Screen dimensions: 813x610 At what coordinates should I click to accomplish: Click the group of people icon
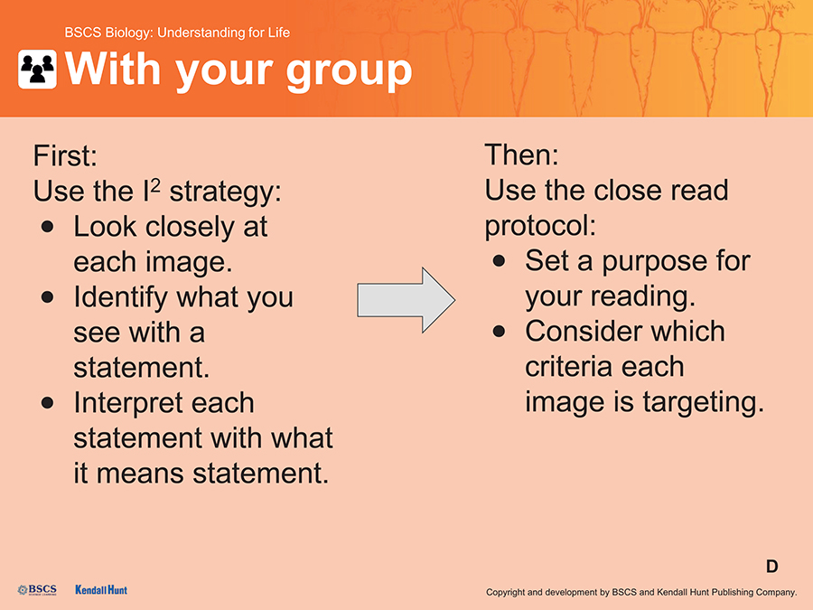tap(37, 69)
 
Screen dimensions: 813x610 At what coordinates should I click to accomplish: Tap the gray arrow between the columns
tap(406, 300)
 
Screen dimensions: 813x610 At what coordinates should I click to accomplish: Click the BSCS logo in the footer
tap(37, 590)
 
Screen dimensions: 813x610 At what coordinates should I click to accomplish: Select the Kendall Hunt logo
tap(101, 590)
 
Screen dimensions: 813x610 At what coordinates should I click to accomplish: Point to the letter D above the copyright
tap(772, 567)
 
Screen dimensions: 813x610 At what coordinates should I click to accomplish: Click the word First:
tap(65, 155)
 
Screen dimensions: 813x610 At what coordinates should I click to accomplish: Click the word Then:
tap(521, 155)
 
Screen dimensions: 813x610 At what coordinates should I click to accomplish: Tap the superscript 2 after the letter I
tap(155, 185)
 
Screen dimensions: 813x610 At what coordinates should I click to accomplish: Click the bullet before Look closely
tap(48, 227)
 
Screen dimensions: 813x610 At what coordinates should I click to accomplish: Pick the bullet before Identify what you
tap(48, 297)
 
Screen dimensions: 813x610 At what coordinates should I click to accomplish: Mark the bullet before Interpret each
tap(48, 403)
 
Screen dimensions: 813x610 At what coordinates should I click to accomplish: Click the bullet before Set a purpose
tap(500, 261)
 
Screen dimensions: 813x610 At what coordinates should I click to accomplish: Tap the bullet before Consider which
tap(500, 332)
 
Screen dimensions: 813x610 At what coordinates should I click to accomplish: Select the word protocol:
tap(541, 227)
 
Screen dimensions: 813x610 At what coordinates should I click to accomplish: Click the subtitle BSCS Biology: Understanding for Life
tap(177, 33)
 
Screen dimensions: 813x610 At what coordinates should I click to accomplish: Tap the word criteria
tap(569, 366)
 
